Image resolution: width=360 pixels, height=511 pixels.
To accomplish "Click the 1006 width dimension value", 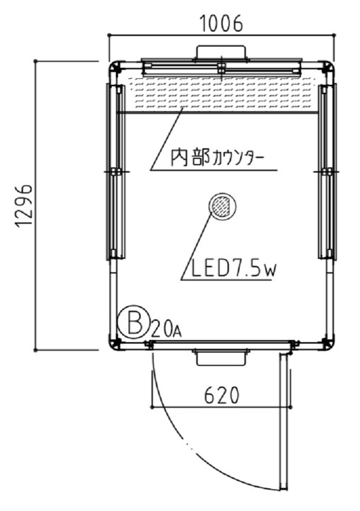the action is (x=221, y=23).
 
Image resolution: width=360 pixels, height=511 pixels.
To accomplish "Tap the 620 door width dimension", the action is (x=221, y=396).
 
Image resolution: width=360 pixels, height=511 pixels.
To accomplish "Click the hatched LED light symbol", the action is (x=222, y=206).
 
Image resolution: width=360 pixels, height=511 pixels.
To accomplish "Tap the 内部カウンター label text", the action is (x=217, y=158).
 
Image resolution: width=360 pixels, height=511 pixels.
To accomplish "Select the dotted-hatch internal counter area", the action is (x=221, y=94).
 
